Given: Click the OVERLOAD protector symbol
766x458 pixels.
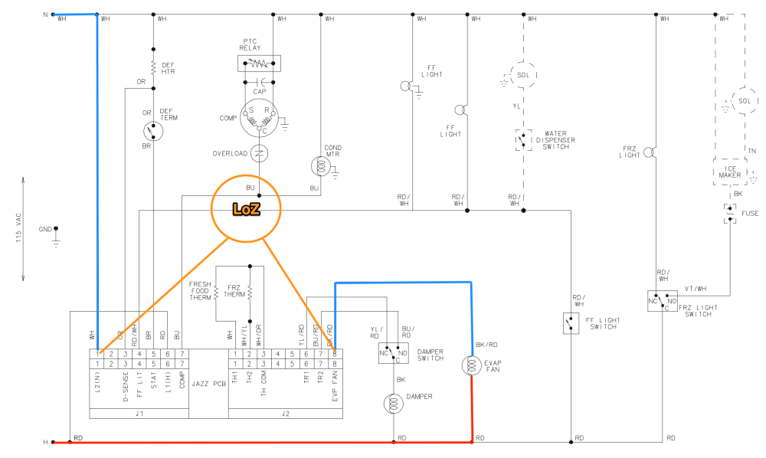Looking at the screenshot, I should click(x=260, y=154).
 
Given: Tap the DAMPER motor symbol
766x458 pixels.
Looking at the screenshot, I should click(x=394, y=404).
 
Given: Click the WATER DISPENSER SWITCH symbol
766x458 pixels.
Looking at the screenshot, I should click(x=524, y=140).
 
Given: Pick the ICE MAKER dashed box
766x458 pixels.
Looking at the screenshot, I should click(x=730, y=174).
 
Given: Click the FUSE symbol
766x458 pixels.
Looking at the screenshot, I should click(x=730, y=213).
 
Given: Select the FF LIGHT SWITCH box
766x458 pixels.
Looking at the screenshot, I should click(x=571, y=323).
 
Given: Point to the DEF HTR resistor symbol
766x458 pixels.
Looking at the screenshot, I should click(x=154, y=67).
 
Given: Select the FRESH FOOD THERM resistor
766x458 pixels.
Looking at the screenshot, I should click(x=217, y=291).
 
